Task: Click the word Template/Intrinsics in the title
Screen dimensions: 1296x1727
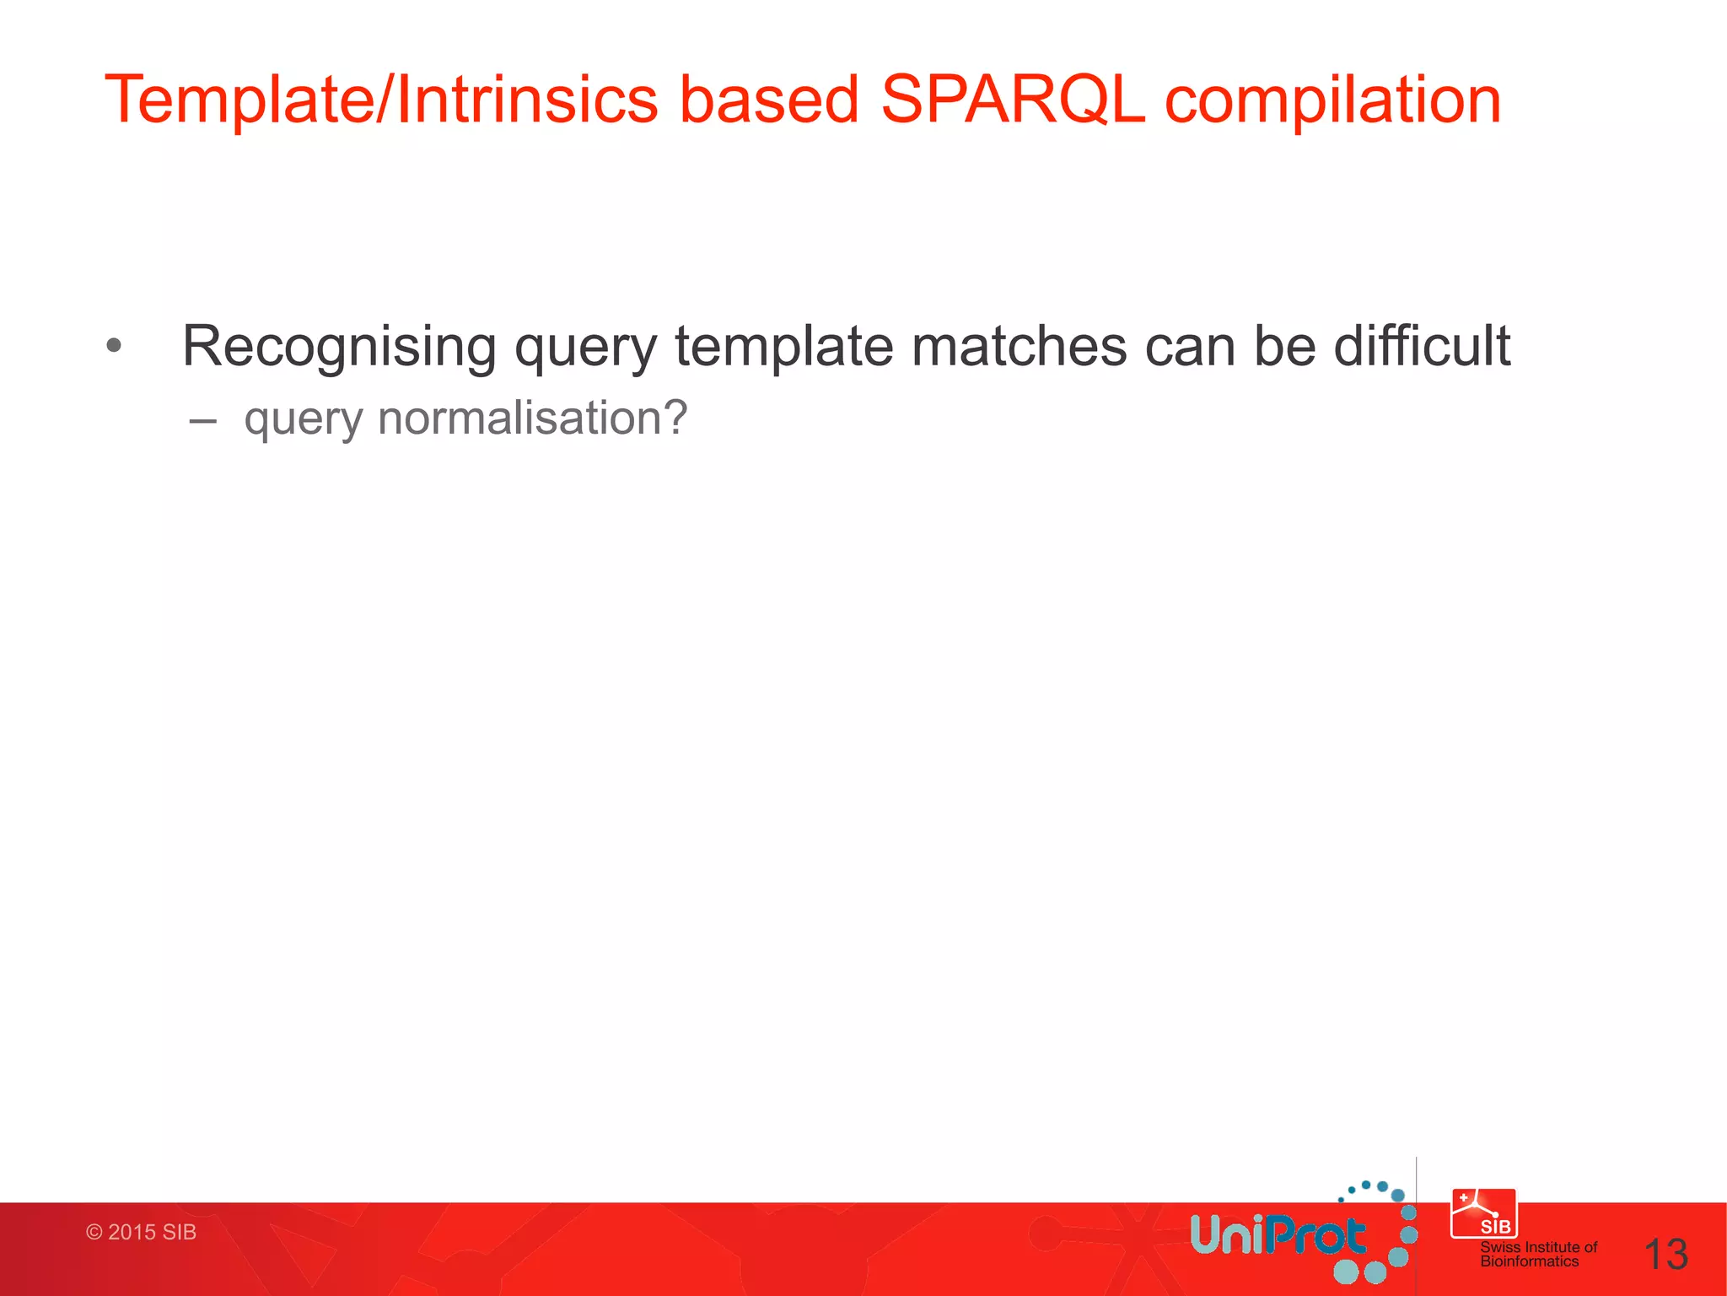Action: coord(380,100)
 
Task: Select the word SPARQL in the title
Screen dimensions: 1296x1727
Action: coord(1012,100)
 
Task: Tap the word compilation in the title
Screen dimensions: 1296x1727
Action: coord(1332,100)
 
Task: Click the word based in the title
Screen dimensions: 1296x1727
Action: coord(769,100)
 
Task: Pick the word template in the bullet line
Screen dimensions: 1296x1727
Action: coord(783,347)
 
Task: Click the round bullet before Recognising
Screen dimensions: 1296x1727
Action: coord(114,345)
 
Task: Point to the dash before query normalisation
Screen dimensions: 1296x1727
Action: coord(202,419)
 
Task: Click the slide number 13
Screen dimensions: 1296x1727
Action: coord(1665,1255)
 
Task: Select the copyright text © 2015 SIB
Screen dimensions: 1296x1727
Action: coord(141,1232)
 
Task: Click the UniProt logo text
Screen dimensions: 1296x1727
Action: coord(1277,1236)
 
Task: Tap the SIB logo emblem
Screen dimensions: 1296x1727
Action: coord(1484,1213)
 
